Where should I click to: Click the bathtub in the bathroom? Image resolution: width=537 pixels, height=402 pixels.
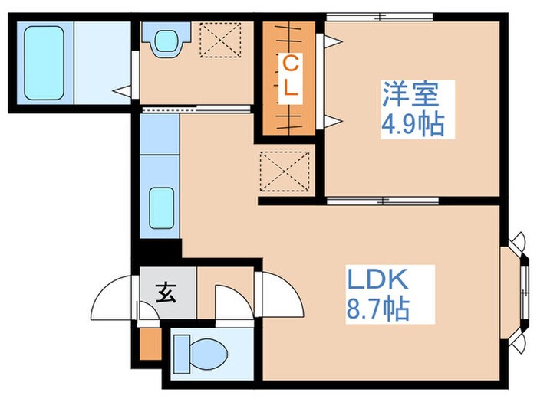coord(43,62)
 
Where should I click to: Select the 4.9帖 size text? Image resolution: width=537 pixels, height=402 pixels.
coord(413,124)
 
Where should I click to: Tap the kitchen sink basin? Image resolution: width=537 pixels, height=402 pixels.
coord(160,208)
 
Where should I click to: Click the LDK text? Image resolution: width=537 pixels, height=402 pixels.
coord(378,279)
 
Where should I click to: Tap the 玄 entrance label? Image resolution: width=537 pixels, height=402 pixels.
coord(166,292)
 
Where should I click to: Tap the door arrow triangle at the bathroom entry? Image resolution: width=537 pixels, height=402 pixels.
coord(122,90)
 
